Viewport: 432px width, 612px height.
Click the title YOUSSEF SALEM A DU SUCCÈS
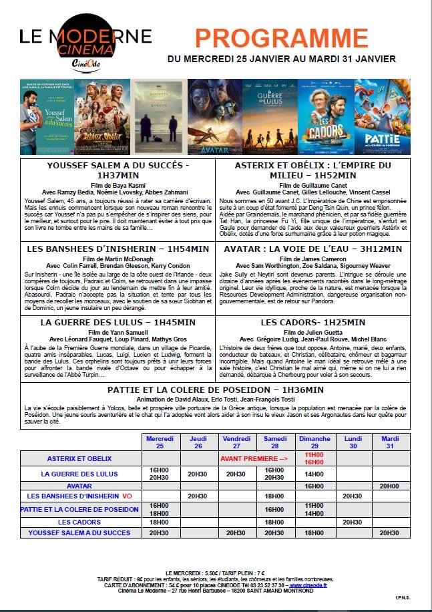pos(118,165)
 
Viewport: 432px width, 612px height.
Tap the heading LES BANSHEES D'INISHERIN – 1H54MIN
pos(118,249)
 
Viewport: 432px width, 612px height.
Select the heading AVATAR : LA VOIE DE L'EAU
pos(312,249)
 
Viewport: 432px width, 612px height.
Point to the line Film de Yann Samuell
pos(118,331)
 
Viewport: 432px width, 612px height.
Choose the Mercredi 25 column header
pos(160,442)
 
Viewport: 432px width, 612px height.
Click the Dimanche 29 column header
pos(313,442)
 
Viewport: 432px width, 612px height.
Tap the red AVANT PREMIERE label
pos(254,459)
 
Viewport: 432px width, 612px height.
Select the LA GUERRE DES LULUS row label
pos(79,474)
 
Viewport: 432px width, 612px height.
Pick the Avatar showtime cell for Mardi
pos(390,486)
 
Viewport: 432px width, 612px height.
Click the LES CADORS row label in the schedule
pos(79,521)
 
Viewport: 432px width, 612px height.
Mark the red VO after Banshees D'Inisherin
pos(126,496)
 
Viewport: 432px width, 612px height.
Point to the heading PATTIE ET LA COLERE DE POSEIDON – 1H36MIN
pos(215,390)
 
